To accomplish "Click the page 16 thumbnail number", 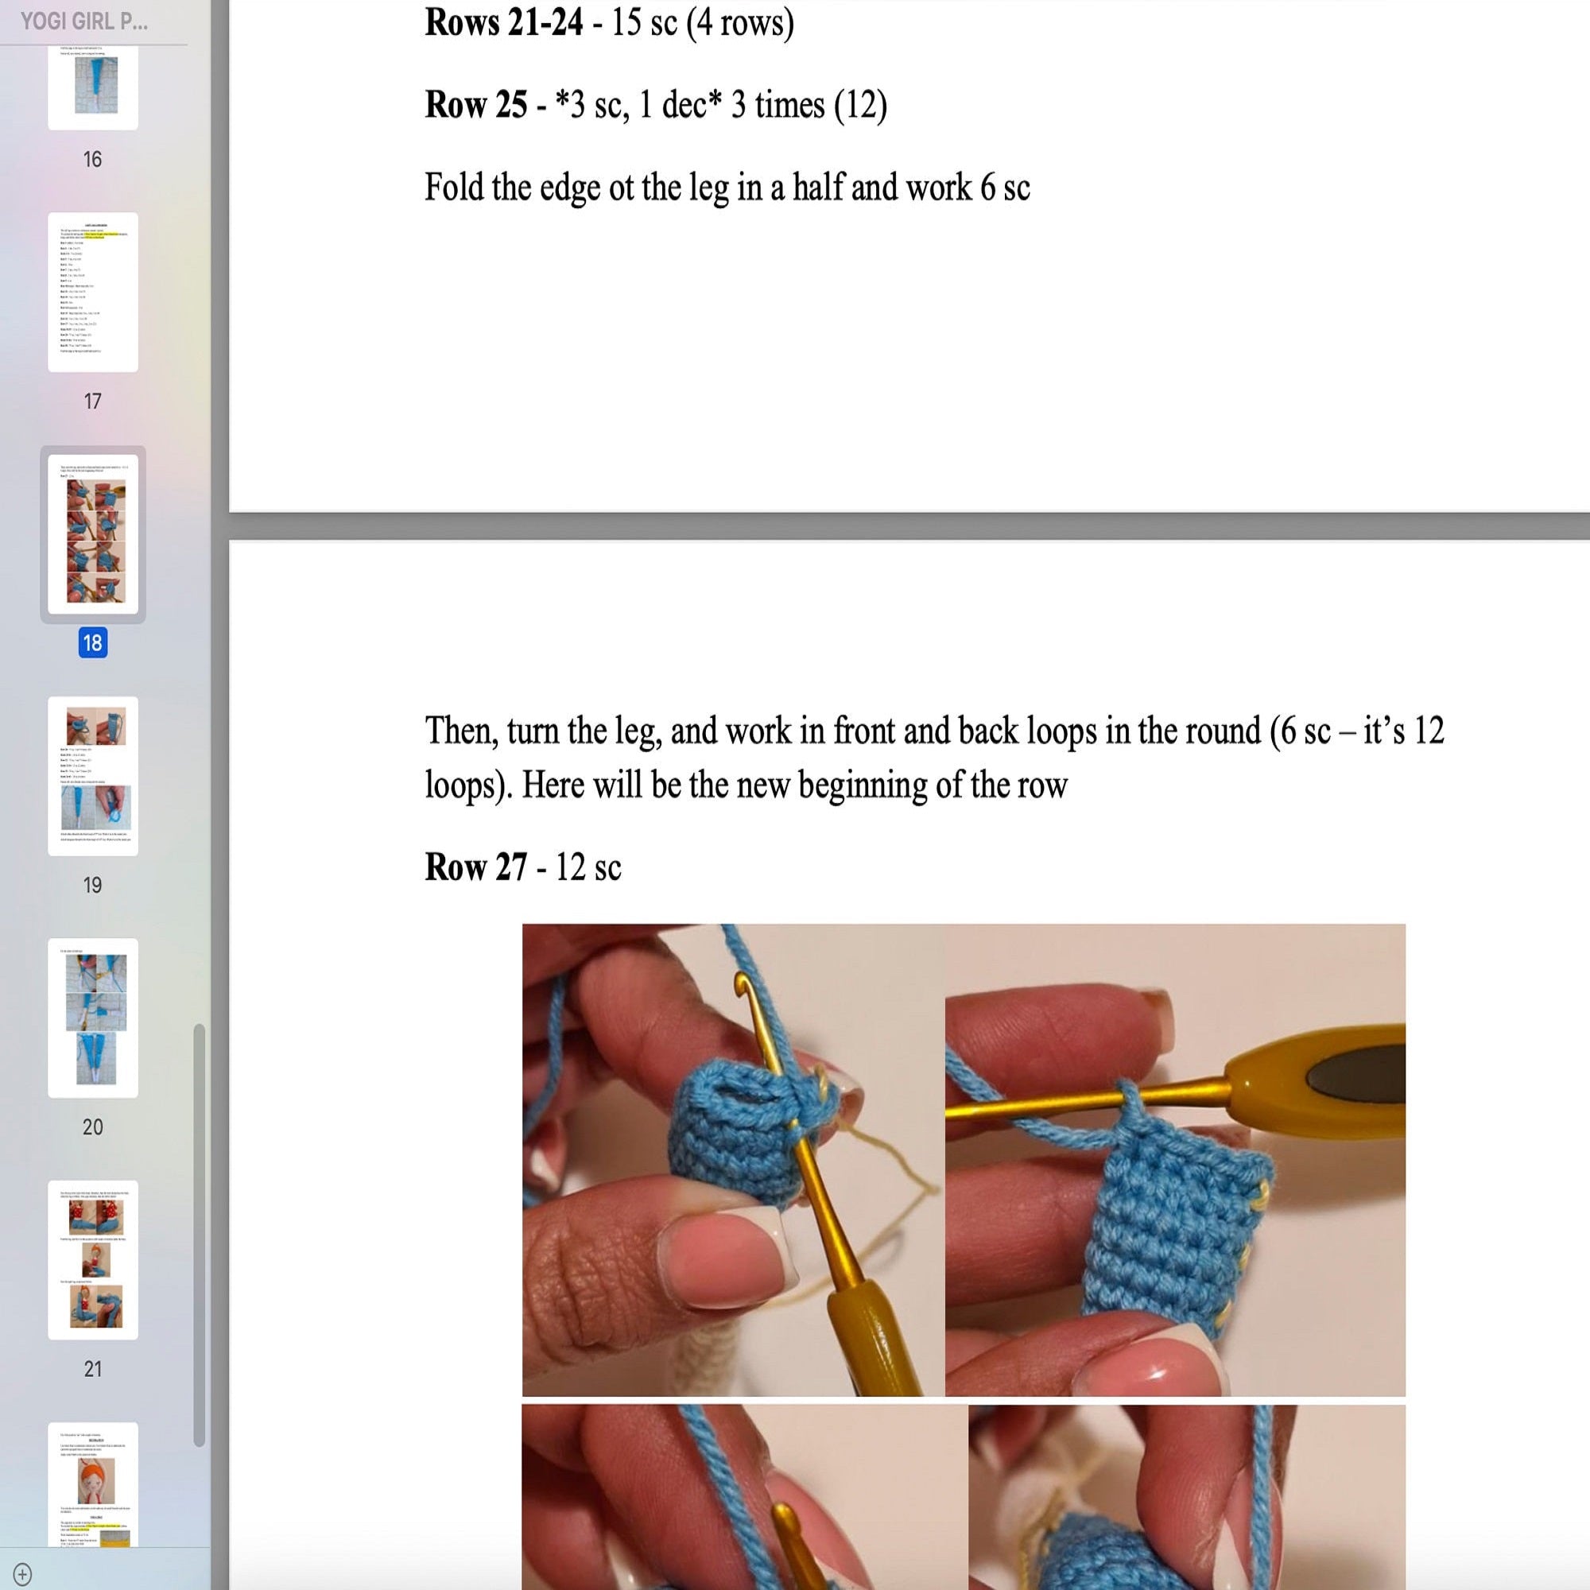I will pyautogui.click(x=92, y=159).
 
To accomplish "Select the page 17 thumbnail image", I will pyautogui.click(x=93, y=291).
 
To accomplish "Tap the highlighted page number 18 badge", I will pyautogui.click(x=92, y=642).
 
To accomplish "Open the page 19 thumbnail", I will pyautogui.click(x=93, y=775).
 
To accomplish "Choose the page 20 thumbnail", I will pyautogui.click(x=93, y=1018).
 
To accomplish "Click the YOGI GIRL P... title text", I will pyautogui.click(x=84, y=21).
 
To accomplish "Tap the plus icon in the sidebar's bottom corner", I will pyautogui.click(x=22, y=1573).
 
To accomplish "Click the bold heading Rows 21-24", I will pyautogui.click(x=503, y=22).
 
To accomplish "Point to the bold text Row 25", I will pyautogui.click(x=475, y=104).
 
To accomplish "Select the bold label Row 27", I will pyautogui.click(x=475, y=867).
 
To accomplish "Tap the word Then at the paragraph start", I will pyautogui.click(x=461, y=731).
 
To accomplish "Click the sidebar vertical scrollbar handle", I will pyautogui.click(x=198, y=1235).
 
